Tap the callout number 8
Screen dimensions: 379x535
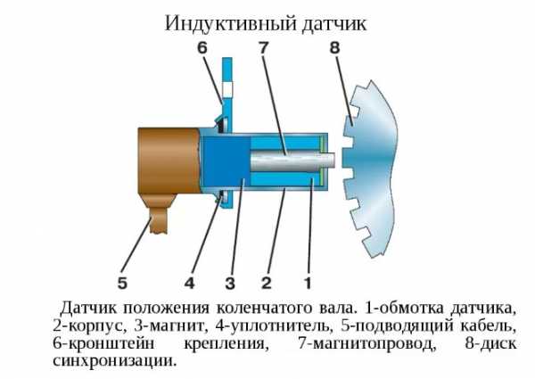point(333,48)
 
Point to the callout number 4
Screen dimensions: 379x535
point(189,284)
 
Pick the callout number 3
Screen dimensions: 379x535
point(229,284)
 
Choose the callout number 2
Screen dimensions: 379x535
point(266,284)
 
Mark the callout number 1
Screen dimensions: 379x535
point(307,284)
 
